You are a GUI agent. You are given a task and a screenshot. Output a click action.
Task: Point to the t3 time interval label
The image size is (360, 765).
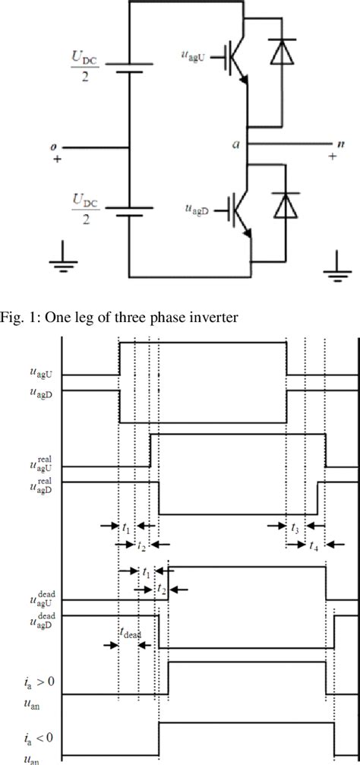[295, 526]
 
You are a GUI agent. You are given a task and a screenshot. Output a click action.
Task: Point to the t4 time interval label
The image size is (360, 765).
[314, 544]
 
